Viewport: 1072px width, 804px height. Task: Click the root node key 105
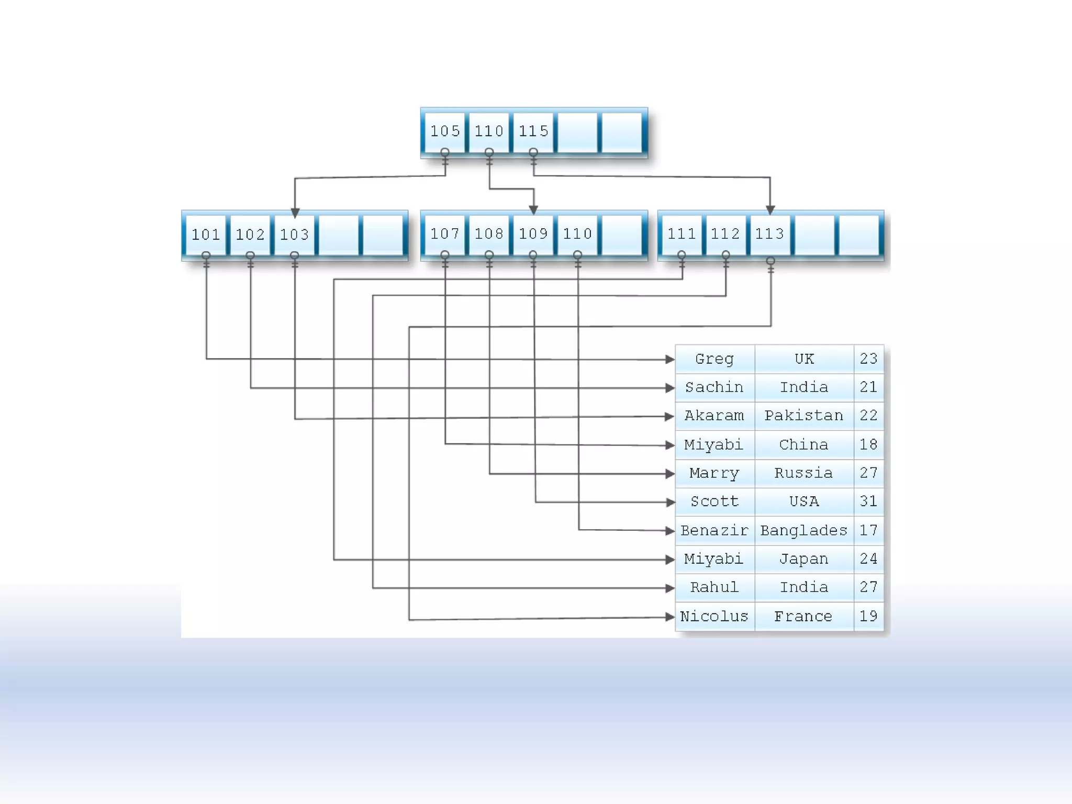(444, 131)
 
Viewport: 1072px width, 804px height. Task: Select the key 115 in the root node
(533, 131)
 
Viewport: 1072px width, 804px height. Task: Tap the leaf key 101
(206, 234)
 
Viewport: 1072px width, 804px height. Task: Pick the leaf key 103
(294, 234)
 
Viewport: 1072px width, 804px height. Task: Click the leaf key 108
(489, 233)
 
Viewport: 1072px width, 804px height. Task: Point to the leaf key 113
(769, 233)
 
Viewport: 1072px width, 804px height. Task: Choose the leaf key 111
(681, 233)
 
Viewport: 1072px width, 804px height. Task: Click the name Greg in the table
(714, 359)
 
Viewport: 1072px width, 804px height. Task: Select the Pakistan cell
(803, 416)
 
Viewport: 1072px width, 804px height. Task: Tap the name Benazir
(714, 531)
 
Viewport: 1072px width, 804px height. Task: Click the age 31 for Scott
(868, 501)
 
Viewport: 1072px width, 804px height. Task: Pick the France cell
(803, 617)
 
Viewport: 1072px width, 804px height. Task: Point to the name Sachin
(714, 387)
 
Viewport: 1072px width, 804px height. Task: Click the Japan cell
(803, 559)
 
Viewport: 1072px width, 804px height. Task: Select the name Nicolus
(714, 617)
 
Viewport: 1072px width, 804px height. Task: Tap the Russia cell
(803, 473)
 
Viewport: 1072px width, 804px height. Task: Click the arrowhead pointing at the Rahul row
(669, 588)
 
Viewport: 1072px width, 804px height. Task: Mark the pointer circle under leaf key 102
(250, 255)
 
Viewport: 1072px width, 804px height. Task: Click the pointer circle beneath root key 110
(489, 152)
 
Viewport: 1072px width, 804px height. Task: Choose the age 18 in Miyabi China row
(868, 445)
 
